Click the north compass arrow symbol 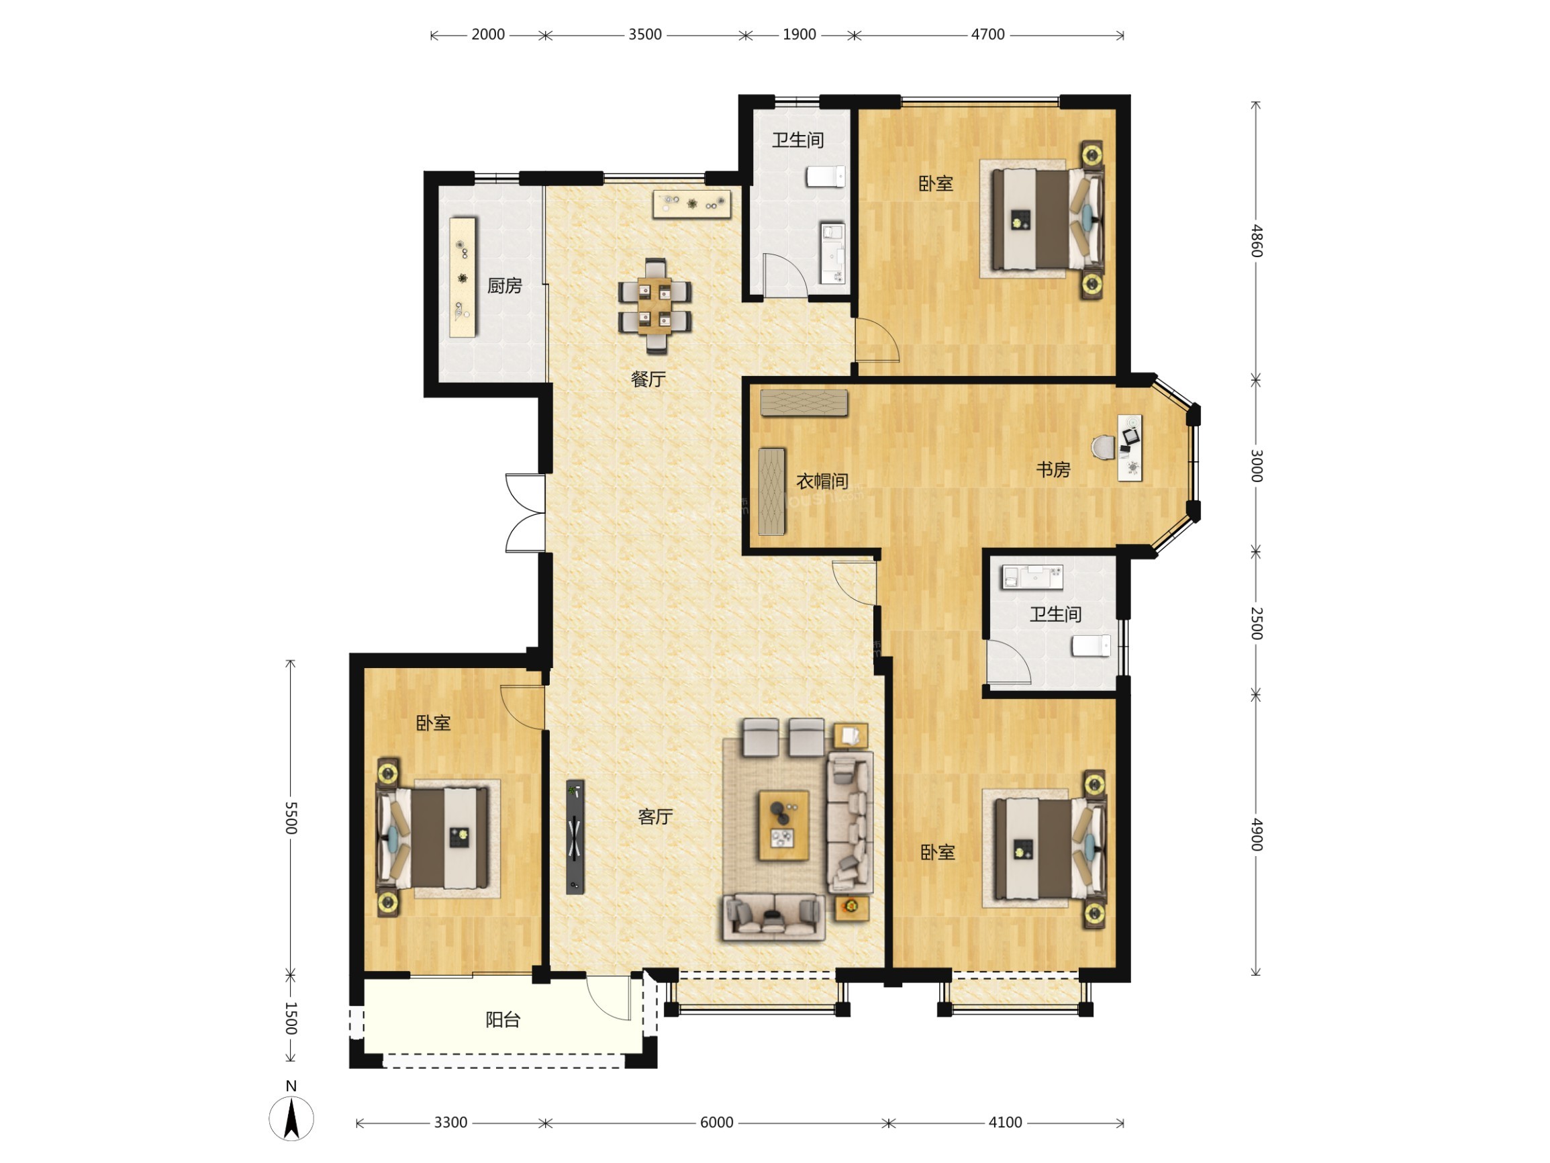coord(291,1118)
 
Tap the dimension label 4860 coord(1256,240)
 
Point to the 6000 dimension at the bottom coord(717,1122)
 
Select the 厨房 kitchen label coord(505,286)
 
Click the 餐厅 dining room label coord(648,379)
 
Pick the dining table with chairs coord(655,306)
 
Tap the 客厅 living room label coord(656,817)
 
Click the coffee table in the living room coord(784,825)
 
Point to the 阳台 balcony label coord(503,1020)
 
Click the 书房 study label coord(1053,469)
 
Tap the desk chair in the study coord(1104,448)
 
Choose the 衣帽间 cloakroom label coord(822,481)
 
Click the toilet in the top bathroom coord(826,176)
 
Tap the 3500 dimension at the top coord(644,34)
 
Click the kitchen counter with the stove coord(463,277)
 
